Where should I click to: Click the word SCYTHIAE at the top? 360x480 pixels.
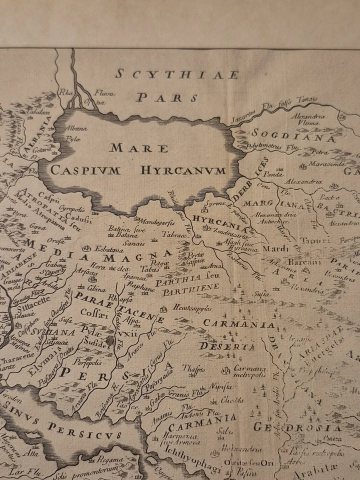click(x=177, y=75)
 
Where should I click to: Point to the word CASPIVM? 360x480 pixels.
click(x=85, y=170)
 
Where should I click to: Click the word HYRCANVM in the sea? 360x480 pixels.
click(x=183, y=170)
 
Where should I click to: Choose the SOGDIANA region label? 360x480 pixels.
click(x=293, y=133)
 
